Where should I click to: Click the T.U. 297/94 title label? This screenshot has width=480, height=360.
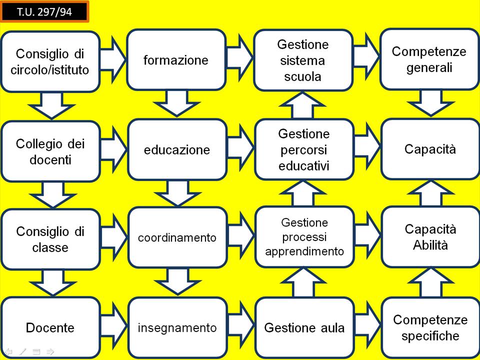coord(44,12)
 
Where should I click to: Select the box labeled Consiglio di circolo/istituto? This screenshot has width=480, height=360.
coord(50,61)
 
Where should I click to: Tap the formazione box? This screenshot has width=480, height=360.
coord(176,59)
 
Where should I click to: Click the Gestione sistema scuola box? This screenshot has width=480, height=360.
coord(304,60)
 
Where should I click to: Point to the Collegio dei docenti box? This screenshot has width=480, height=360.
coord(50,151)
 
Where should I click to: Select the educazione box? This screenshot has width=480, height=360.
coord(177,149)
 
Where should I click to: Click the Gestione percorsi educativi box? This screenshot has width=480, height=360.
coord(304,149)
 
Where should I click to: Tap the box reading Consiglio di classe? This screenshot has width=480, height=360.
coord(50,239)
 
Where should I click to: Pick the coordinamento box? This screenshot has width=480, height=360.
coord(177,237)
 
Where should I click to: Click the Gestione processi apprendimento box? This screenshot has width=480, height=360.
coord(304,236)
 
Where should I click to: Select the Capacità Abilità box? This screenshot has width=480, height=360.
coord(430,237)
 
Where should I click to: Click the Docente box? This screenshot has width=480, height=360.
coord(50,327)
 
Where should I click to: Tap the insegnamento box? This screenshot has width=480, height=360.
coord(177,327)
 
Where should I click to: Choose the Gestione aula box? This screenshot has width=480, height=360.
coord(304,327)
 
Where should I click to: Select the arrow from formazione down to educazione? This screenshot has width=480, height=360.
coord(177,103)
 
